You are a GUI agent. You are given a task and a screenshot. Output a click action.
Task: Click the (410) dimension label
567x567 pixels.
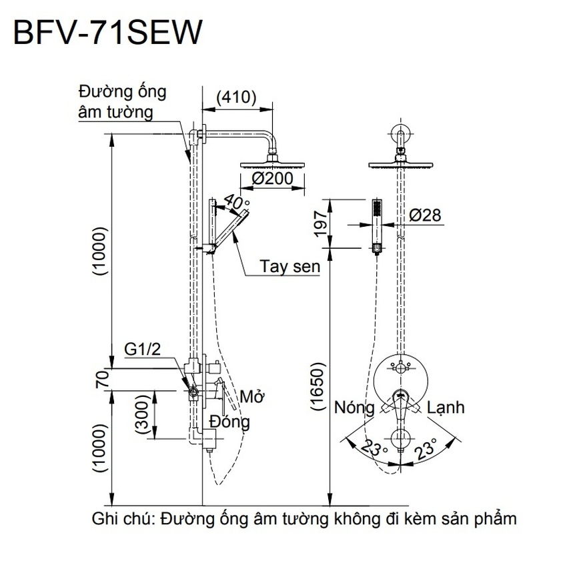pos(236,97)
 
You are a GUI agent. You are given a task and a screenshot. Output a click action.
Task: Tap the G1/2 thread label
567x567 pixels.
pos(141,350)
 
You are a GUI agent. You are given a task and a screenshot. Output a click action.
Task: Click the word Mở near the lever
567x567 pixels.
pos(252,397)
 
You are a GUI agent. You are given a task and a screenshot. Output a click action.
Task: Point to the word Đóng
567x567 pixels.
pos(229,422)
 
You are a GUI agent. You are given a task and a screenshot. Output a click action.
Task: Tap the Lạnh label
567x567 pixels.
pos(446,407)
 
